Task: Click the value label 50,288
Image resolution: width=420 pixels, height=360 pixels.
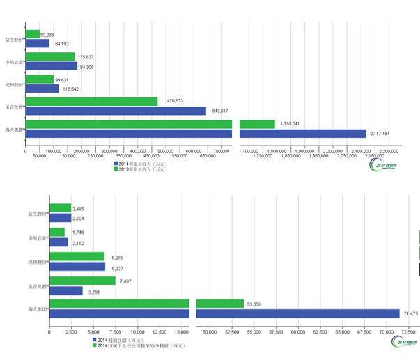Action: (47, 33)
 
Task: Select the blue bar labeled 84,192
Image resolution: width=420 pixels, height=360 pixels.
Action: (37, 43)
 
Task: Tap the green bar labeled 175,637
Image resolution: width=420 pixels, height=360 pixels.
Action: (49, 56)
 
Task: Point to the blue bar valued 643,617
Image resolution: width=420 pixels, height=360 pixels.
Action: (116, 111)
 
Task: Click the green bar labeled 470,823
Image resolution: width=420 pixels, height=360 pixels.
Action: (91, 101)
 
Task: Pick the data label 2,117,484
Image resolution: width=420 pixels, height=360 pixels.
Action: (380, 134)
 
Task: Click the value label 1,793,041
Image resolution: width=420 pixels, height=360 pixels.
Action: (290, 124)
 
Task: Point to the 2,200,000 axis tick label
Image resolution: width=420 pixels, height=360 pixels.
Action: (389, 150)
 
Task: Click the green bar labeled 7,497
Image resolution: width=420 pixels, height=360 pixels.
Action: (82, 281)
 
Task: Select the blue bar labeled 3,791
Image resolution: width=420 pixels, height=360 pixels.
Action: (65, 290)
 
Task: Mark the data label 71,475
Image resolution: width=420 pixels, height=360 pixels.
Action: (411, 313)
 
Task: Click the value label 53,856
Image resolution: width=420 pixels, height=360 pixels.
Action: (254, 304)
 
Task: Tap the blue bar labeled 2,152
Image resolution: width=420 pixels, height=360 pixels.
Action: (59, 242)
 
